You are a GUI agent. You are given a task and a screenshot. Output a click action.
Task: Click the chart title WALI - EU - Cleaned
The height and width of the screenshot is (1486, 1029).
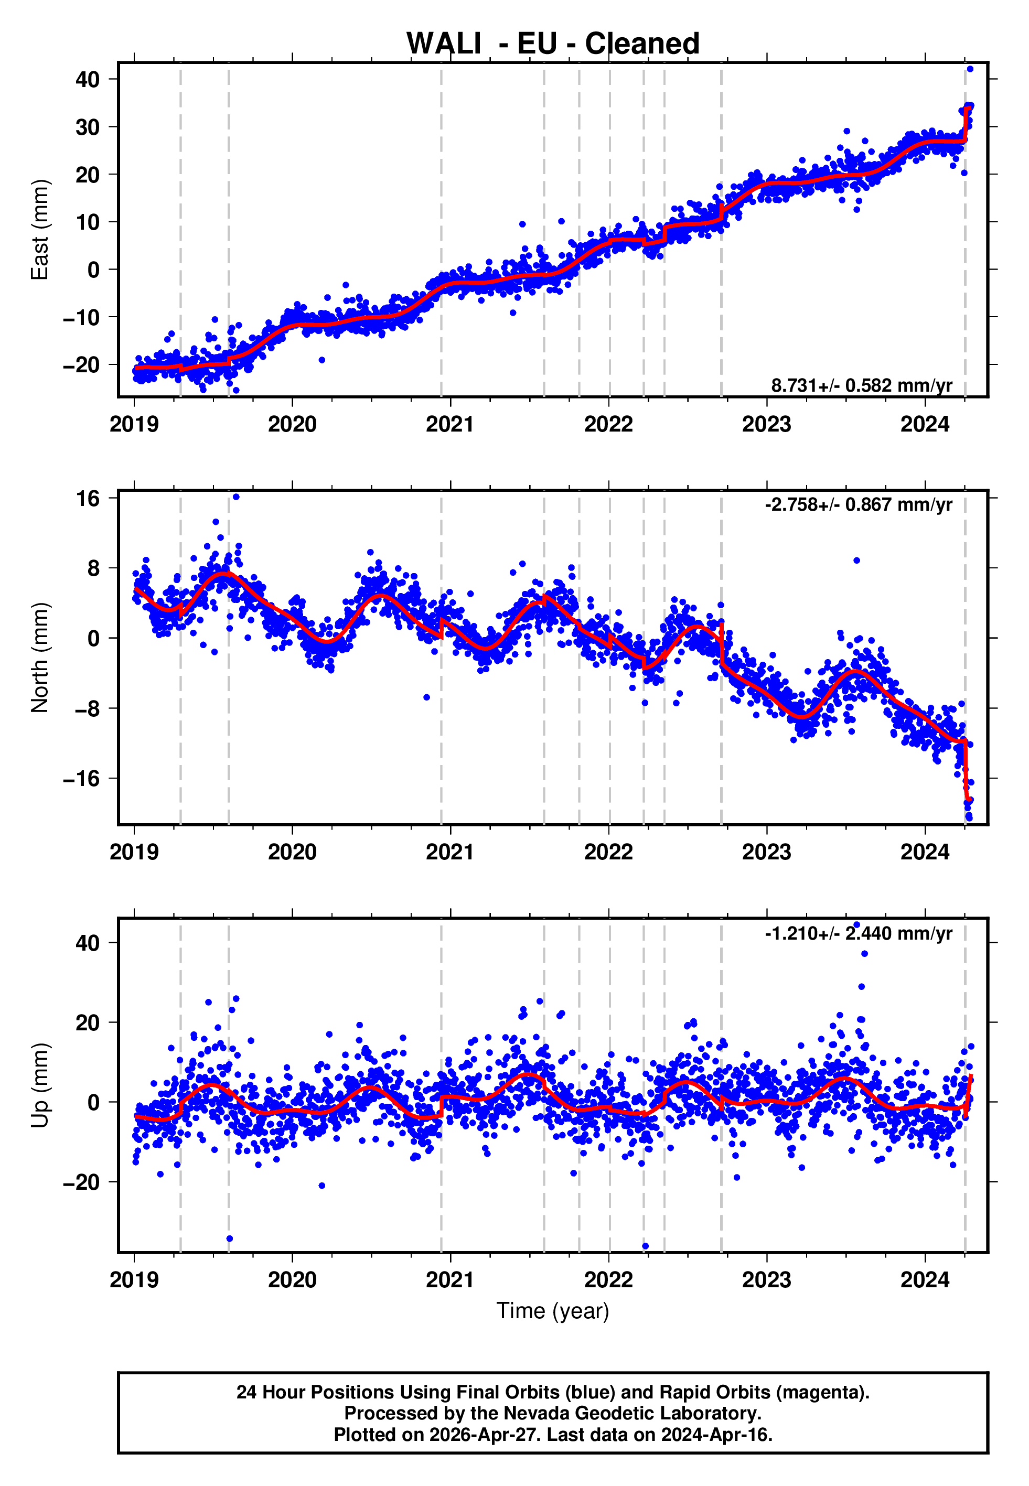(553, 44)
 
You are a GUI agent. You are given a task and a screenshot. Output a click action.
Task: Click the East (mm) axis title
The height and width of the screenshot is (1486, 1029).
(40, 230)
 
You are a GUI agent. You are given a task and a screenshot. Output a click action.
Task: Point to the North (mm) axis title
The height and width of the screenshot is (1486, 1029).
(40, 658)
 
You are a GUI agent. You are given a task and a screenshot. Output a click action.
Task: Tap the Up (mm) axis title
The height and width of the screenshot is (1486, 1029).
(40, 1086)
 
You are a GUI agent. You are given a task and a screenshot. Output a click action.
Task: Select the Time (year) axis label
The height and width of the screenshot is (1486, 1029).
(553, 1311)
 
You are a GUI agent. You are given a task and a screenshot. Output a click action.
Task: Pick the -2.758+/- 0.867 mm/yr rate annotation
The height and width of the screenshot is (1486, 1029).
(858, 504)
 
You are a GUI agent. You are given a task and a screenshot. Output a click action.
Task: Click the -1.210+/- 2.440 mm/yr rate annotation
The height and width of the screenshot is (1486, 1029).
(858, 933)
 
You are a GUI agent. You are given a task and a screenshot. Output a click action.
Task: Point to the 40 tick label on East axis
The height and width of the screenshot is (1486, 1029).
(88, 79)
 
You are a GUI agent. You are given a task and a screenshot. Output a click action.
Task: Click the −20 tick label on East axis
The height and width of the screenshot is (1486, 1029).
(82, 365)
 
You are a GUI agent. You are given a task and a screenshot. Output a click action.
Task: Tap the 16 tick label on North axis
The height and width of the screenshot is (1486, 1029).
(88, 498)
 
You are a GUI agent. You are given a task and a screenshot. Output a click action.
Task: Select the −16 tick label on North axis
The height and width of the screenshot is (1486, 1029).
(82, 779)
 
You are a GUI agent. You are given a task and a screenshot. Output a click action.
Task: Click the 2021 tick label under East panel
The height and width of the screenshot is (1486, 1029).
(450, 425)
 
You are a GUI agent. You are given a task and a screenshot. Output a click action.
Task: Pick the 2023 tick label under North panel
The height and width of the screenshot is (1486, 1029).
(767, 853)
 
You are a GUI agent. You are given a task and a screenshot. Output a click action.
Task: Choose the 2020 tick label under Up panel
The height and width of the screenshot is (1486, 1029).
(292, 1280)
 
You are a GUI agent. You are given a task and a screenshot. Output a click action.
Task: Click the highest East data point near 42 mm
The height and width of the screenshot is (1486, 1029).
(970, 69)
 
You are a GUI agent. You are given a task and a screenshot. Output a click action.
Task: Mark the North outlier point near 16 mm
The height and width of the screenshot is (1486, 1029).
(236, 497)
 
